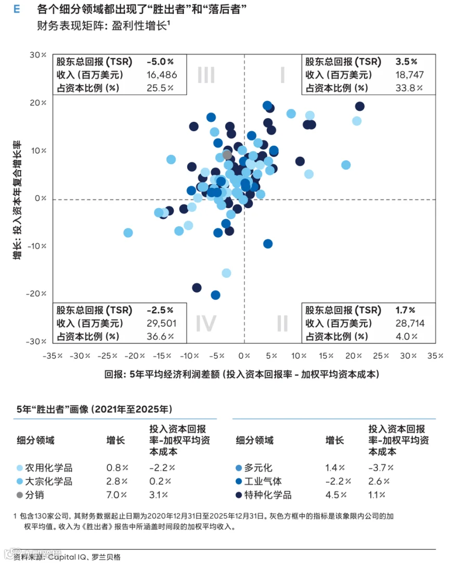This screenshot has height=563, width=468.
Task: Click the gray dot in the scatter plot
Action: [227, 155]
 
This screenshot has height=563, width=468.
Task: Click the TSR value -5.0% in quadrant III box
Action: [160, 62]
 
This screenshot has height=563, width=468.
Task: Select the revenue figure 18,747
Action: [410, 75]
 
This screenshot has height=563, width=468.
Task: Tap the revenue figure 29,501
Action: [162, 323]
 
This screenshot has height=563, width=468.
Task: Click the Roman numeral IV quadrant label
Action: [206, 323]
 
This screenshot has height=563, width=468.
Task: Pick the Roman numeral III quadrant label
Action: [206, 75]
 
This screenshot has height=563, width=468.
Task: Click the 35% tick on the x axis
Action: [435, 356]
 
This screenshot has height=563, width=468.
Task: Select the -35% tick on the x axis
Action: [53, 356]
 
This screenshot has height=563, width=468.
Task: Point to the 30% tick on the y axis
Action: [38, 55]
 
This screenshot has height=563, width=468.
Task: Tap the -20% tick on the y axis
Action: [36, 293]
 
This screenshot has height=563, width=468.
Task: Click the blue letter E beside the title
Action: [17, 9]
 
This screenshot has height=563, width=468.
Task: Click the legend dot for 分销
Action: [20, 495]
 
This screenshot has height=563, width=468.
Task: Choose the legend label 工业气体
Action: [263, 481]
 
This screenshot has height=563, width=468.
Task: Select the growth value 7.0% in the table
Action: [116, 495]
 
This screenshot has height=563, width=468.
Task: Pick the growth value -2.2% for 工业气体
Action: [338, 481]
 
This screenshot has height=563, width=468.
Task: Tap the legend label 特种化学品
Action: [268, 495]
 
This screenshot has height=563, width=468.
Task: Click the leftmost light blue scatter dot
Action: [128, 233]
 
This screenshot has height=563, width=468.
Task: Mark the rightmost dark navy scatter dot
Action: [360, 106]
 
